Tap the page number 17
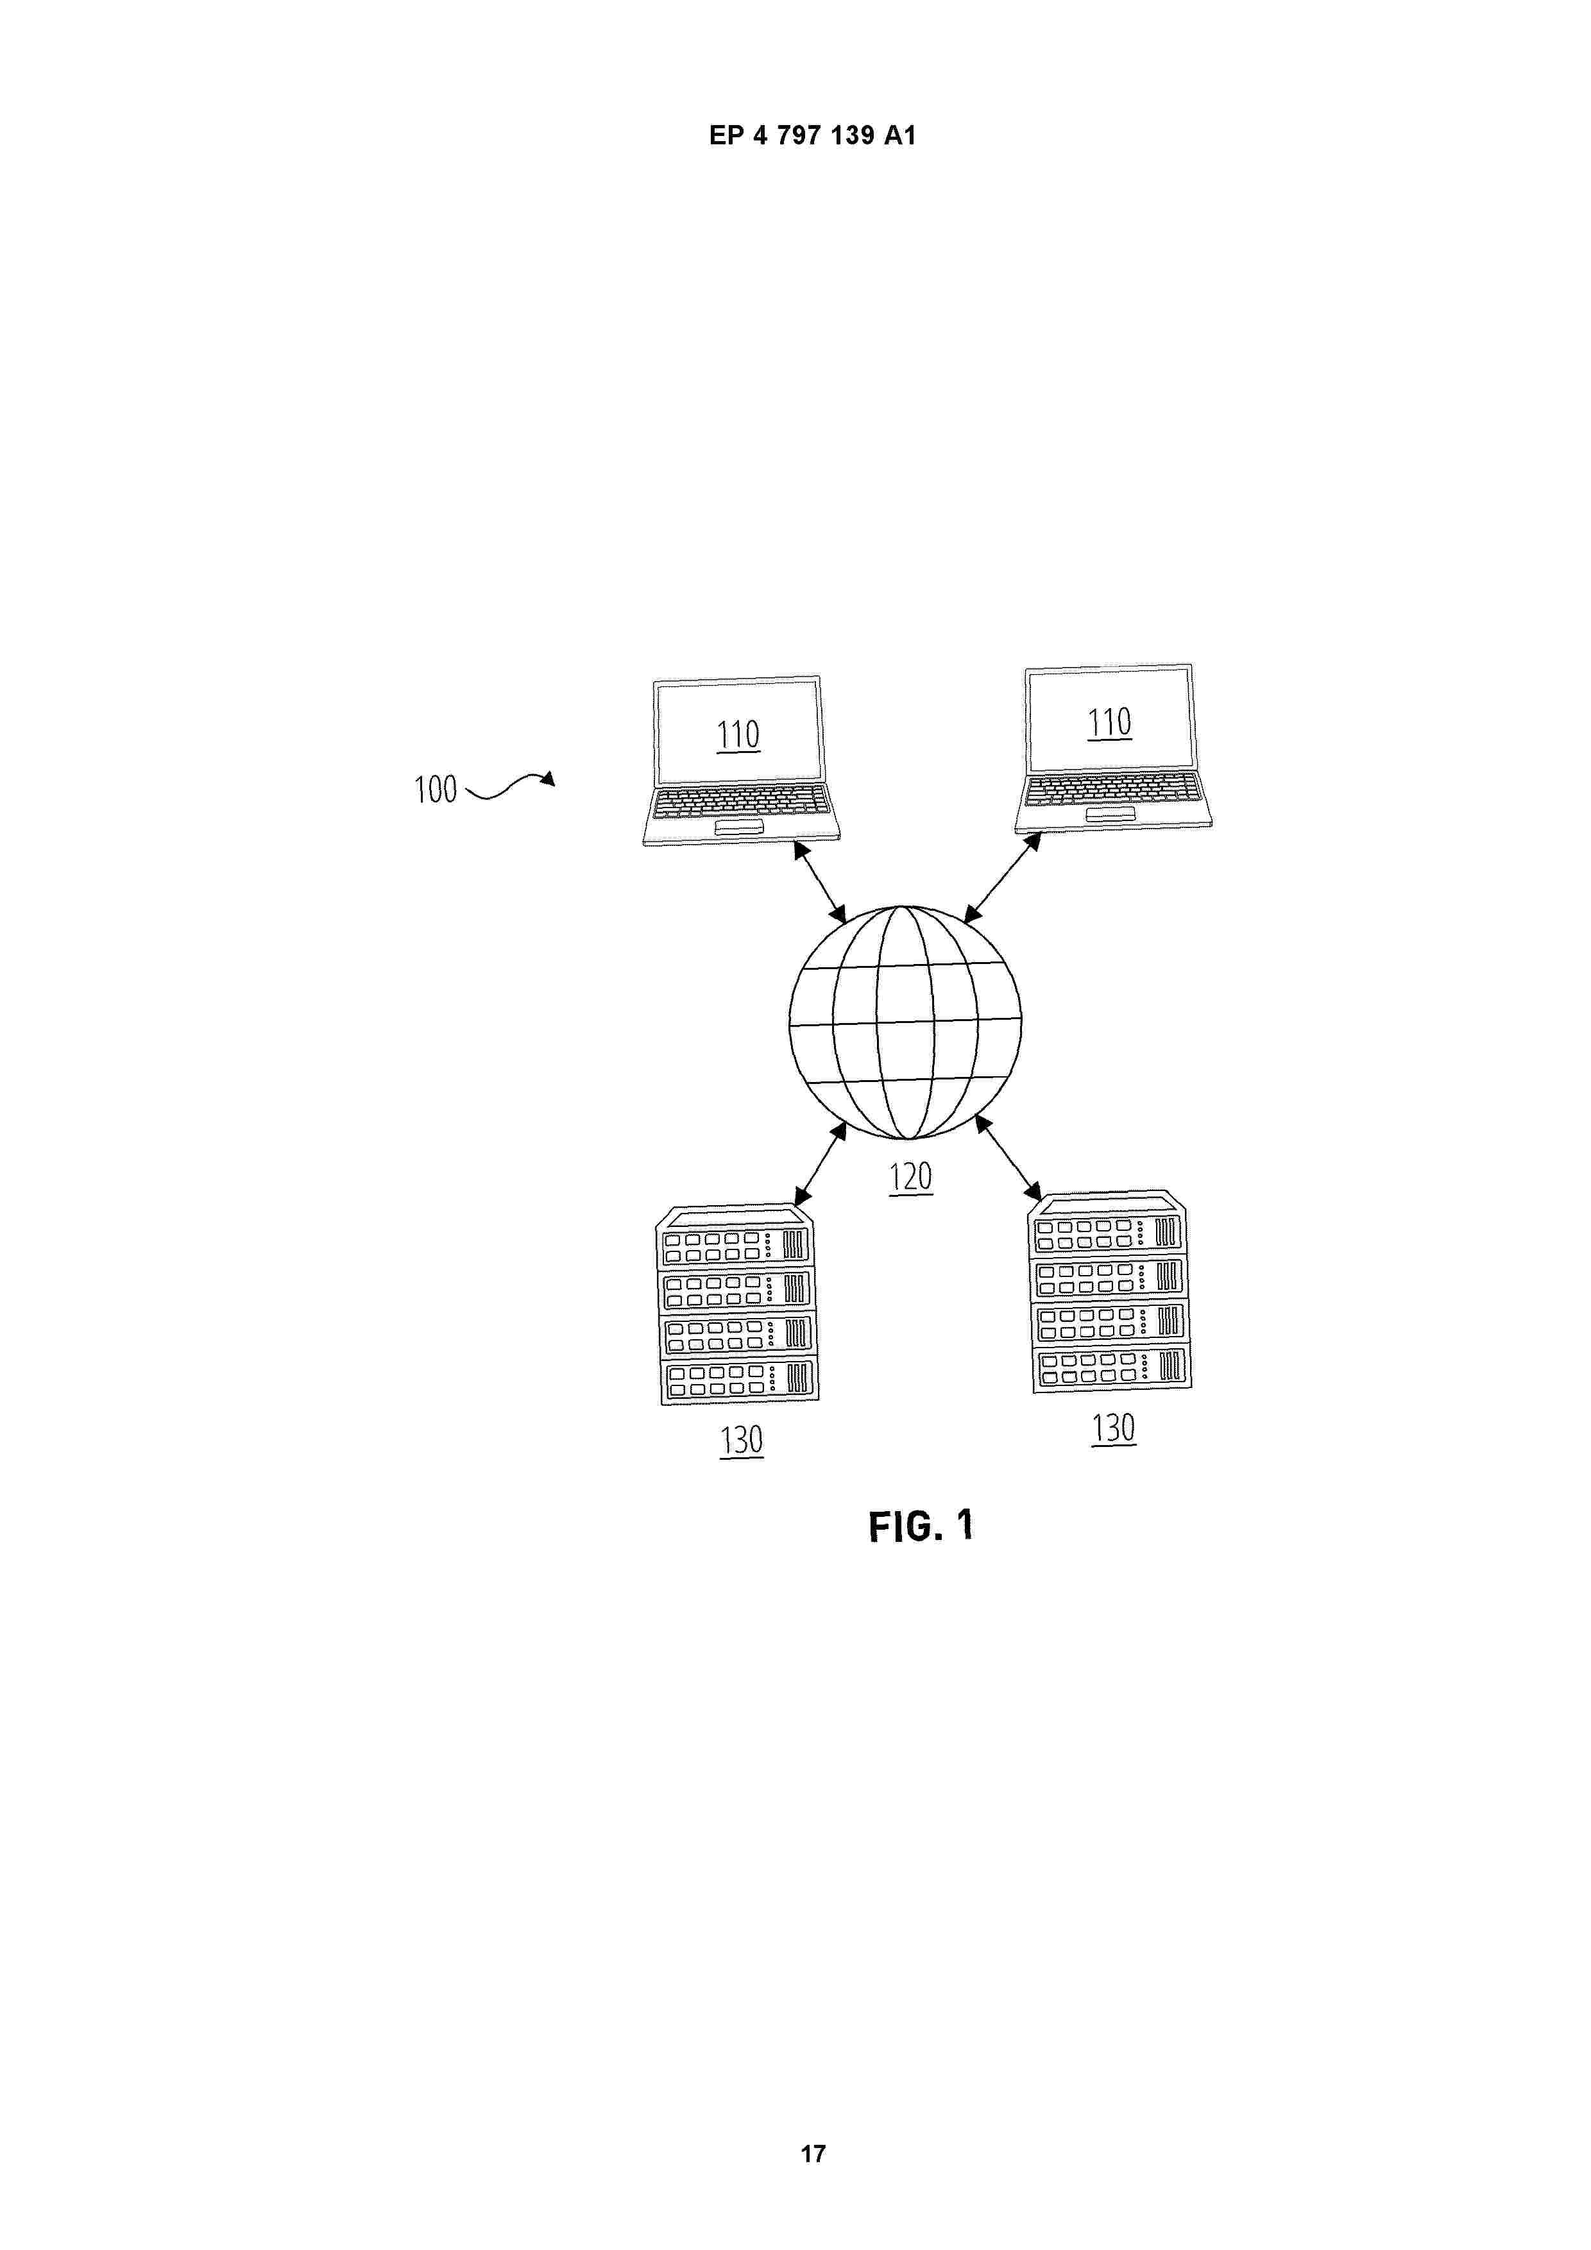(813, 2153)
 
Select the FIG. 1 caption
(921, 1526)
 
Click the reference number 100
(435, 789)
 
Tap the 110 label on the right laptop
(1110, 722)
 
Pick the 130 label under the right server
(1114, 1428)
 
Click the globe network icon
(905, 1022)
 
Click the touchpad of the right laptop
(1110, 815)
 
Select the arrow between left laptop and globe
(819, 881)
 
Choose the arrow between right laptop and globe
(1002, 878)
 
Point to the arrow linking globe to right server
(1008, 1157)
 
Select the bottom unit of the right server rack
(1112, 1366)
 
